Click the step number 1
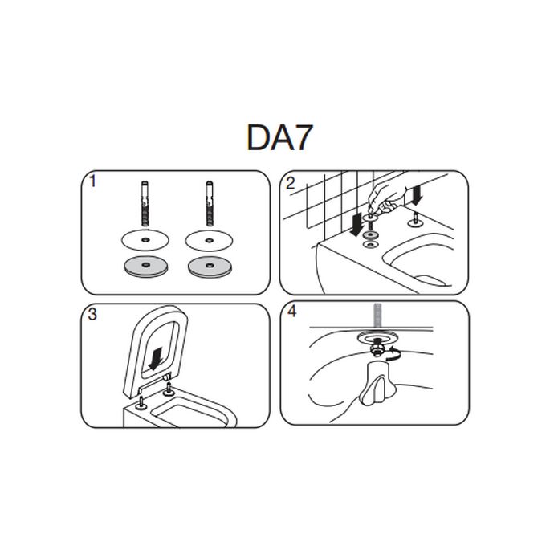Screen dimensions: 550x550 pyautogui.click(x=94, y=181)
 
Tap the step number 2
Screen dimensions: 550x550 pyautogui.click(x=291, y=184)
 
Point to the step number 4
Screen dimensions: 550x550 pyautogui.click(x=291, y=312)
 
